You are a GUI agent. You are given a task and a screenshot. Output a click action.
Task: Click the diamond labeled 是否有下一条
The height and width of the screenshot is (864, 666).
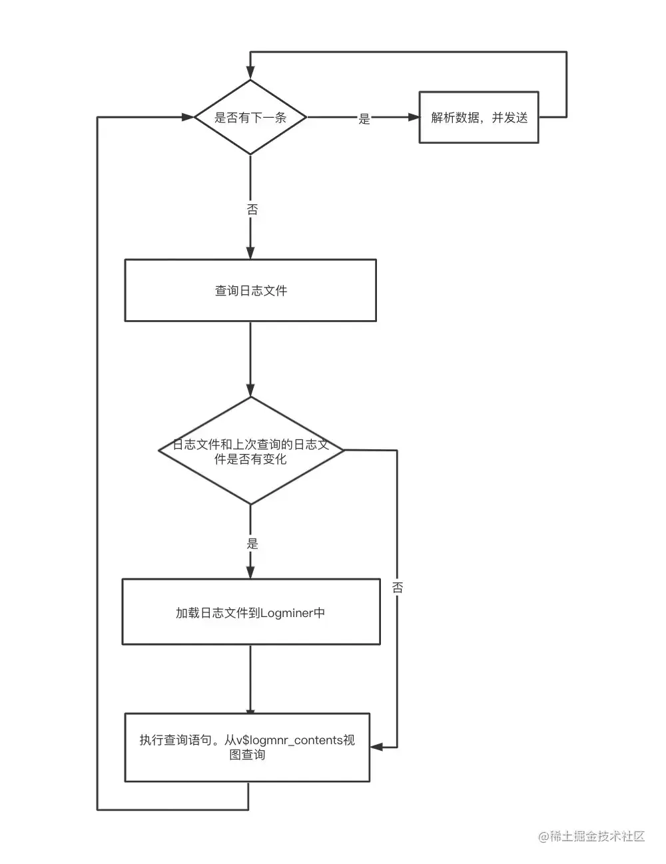[250, 118]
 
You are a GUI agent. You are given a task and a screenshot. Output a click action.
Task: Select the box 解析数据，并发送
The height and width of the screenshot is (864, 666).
[478, 118]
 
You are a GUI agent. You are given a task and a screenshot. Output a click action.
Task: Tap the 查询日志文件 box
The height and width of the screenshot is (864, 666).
[250, 290]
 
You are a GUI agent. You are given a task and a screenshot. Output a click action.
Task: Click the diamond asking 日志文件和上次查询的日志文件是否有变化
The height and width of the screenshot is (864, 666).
[250, 451]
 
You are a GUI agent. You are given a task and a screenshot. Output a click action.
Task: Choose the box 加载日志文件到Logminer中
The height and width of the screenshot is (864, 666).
[250, 612]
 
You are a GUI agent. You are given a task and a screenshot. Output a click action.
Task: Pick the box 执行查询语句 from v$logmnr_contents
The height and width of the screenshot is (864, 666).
[247, 747]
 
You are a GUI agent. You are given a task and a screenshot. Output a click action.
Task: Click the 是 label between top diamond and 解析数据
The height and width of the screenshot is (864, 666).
[364, 119]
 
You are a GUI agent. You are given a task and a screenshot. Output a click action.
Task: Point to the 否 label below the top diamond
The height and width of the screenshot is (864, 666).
[252, 210]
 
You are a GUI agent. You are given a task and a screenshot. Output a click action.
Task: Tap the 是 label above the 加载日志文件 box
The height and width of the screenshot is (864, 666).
[252, 543]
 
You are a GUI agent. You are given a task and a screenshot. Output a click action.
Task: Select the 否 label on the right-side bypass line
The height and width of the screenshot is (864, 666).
[398, 587]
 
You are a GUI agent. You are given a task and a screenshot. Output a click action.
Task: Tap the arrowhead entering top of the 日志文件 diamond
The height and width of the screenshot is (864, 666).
[250, 391]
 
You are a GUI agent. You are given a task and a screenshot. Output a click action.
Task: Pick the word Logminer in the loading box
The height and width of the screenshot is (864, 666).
[286, 613]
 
